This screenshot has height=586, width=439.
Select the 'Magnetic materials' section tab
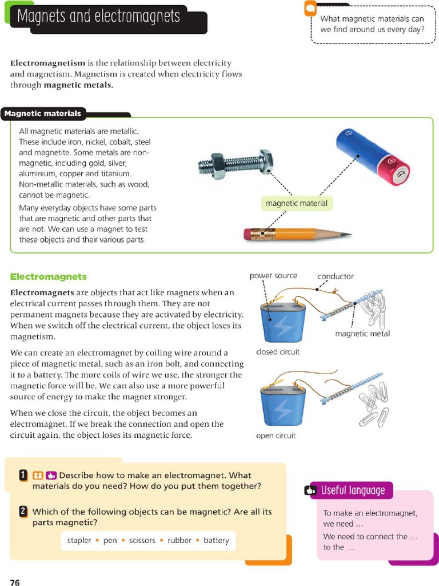pyautogui.click(x=43, y=113)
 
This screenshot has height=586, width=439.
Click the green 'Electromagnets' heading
pyautogui.click(x=49, y=277)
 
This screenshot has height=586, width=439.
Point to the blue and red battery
pyautogui.click(x=372, y=156)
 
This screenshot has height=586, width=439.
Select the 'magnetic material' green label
pyautogui.click(x=297, y=203)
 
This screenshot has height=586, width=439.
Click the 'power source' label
pyautogui.click(x=273, y=276)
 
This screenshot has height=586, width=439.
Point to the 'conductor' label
pyautogui.click(x=336, y=276)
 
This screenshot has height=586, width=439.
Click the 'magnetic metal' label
pyautogui.click(x=362, y=334)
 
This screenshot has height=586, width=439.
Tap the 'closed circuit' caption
pyautogui.click(x=278, y=352)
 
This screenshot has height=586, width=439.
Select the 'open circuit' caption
pyautogui.click(x=276, y=436)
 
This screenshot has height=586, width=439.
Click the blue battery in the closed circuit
pyautogui.click(x=283, y=322)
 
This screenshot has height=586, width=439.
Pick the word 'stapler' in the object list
pyautogui.click(x=79, y=540)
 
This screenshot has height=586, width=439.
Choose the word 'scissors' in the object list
pyautogui.click(x=142, y=540)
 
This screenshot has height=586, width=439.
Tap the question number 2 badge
pyautogui.click(x=23, y=512)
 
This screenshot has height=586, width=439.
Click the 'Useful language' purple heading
pyautogui.click(x=353, y=490)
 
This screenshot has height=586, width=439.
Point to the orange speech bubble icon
pyautogui.click(x=310, y=9)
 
